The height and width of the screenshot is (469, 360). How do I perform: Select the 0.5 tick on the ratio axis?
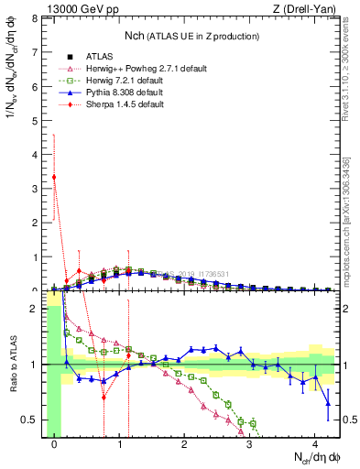pyautogui.click(x=30, y=420)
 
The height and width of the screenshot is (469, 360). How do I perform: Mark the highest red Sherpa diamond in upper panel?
pyautogui.click(x=54, y=177)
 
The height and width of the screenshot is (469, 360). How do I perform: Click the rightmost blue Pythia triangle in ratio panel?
pyautogui.click(x=328, y=403)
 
